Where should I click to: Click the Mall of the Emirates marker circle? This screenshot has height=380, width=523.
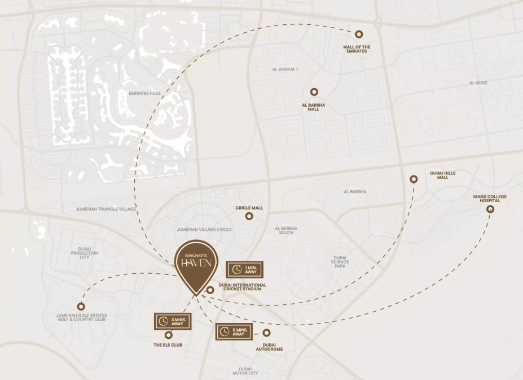coord(359,34)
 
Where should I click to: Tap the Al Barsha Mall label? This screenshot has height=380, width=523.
coord(314,107)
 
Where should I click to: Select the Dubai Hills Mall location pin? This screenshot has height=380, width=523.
coord(414,179)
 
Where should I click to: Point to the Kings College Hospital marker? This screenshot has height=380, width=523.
coord(490,209)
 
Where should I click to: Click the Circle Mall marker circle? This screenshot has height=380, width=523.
coord(249,216)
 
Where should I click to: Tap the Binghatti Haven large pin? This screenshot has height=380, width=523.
coord(195,265)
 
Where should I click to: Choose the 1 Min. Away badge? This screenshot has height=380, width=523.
coord(244,269)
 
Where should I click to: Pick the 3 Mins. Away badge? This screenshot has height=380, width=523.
coord(173,321)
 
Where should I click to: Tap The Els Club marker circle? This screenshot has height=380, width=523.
coord(168,335)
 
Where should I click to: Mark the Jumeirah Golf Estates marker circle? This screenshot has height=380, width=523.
coord(81,306)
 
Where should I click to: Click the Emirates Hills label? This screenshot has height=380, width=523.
coord(145,93)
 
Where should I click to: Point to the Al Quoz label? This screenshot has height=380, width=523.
coord(478,82)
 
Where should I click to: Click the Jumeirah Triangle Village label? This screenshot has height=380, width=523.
coord(106,209)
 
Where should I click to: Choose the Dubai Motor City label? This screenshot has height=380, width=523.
coord(245,371)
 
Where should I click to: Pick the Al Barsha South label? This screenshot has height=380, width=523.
coord(286,230)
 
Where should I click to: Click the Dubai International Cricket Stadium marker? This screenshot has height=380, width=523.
coord(209,290)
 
